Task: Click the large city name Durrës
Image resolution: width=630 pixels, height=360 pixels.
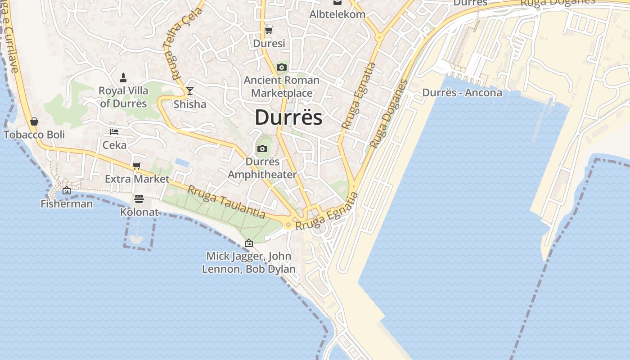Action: pos(288,117)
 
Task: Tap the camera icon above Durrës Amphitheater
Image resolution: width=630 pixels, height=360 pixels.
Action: pos(262,149)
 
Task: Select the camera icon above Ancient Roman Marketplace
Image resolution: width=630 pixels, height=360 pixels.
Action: pos(282,67)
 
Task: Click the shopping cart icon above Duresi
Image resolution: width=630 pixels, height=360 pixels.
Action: pos(269,31)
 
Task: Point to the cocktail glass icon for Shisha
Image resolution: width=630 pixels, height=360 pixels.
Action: pos(190,91)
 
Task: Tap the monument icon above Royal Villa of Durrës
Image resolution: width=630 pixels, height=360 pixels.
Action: pos(123,78)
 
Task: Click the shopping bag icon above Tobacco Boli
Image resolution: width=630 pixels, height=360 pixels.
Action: pos(34,121)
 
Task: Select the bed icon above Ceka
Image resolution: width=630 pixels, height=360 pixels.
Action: pos(114,132)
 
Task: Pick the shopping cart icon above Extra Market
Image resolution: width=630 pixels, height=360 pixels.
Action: pos(137,166)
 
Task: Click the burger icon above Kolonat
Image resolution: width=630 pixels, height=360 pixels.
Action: pos(139,199)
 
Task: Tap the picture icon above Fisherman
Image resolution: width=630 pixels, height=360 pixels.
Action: pos(67,191)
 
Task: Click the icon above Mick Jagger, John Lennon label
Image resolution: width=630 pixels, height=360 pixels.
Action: pos(248,243)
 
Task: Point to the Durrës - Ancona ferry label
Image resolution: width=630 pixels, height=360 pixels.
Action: pos(462,93)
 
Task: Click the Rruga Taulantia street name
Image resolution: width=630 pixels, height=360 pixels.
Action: pos(226,202)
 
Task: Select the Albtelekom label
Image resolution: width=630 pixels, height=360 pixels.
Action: pos(337,14)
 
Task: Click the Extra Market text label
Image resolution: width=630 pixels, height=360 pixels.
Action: pos(137,179)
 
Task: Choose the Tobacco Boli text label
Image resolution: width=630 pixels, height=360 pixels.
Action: pos(34,135)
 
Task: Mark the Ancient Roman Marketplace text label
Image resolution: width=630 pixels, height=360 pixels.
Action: pos(282,87)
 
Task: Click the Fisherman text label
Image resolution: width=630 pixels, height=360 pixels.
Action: pos(67,204)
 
